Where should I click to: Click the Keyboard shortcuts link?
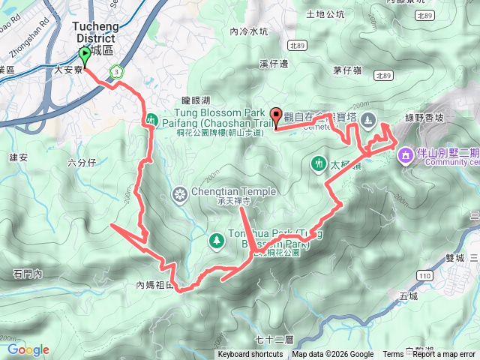point(250,355)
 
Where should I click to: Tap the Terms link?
point(393,355)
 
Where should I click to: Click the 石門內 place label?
point(27,273)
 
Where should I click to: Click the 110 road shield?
point(425,276)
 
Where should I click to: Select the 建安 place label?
point(19,158)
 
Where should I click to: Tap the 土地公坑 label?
point(326,14)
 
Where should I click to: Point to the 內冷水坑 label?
point(248,31)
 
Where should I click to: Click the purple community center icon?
point(405,154)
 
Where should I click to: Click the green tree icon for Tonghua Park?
point(217,240)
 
